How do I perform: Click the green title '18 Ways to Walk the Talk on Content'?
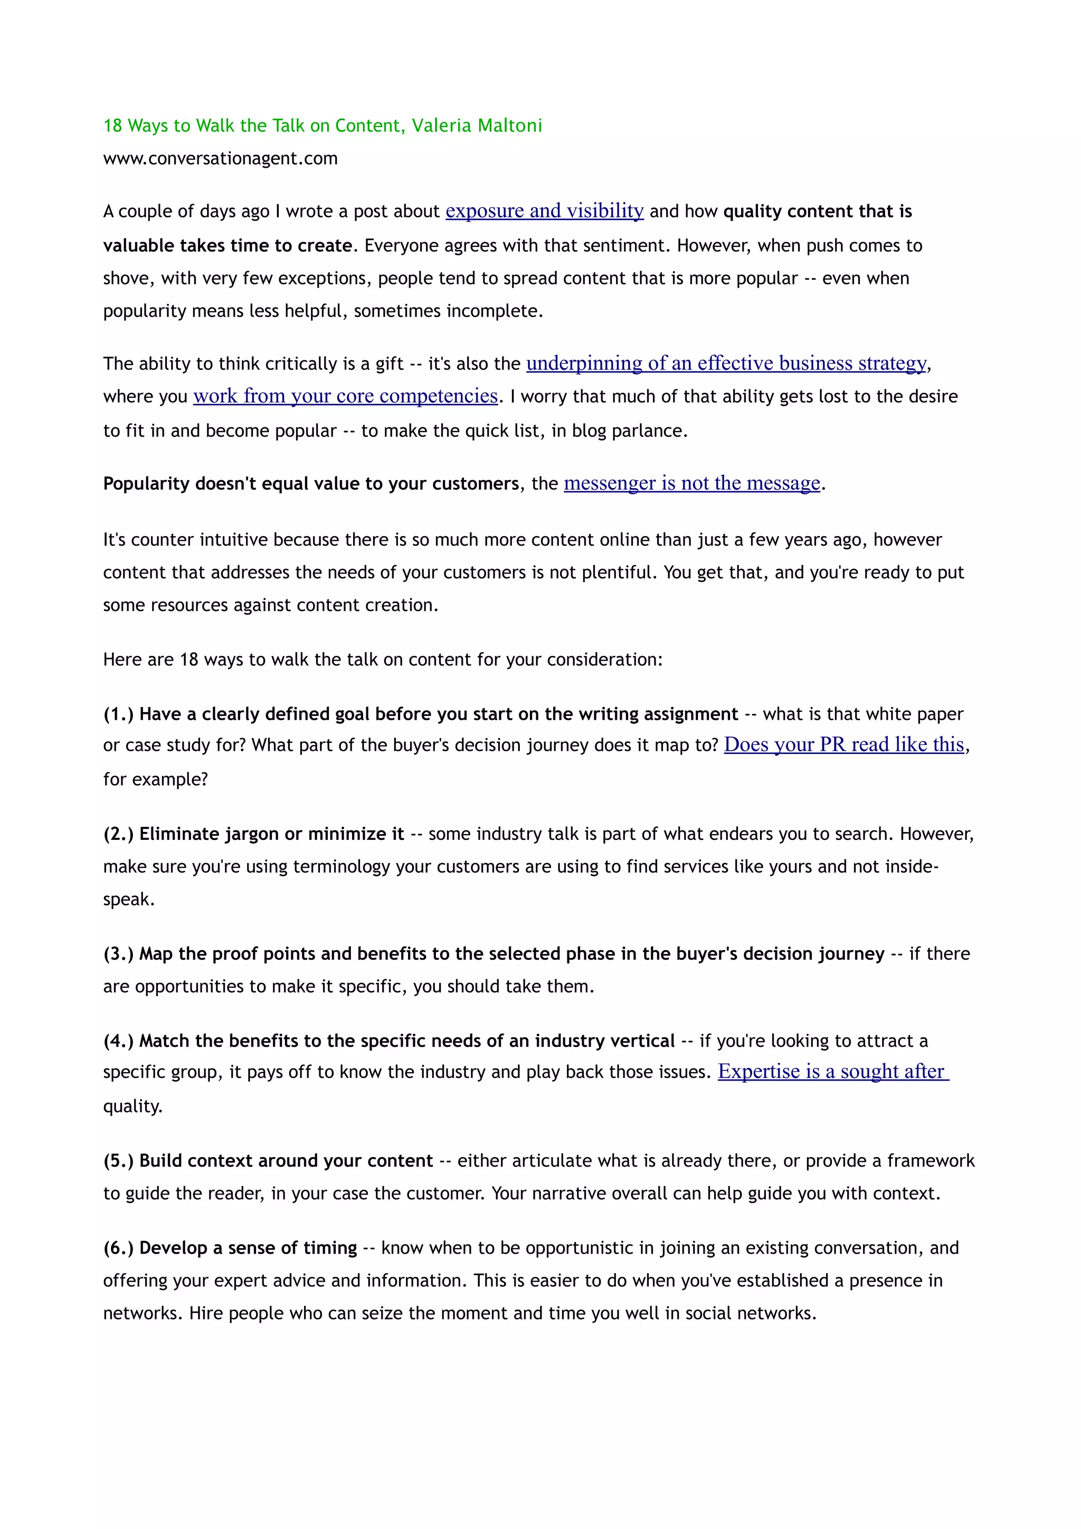tap(253, 126)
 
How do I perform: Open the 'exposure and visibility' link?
tap(544, 211)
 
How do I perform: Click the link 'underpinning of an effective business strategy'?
tap(726, 364)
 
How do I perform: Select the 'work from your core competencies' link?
tap(345, 396)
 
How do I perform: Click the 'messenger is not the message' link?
tap(691, 483)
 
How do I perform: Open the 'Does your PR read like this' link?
tap(843, 745)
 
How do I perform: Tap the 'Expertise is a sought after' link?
tap(832, 1072)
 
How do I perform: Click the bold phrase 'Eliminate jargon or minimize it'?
tap(272, 835)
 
